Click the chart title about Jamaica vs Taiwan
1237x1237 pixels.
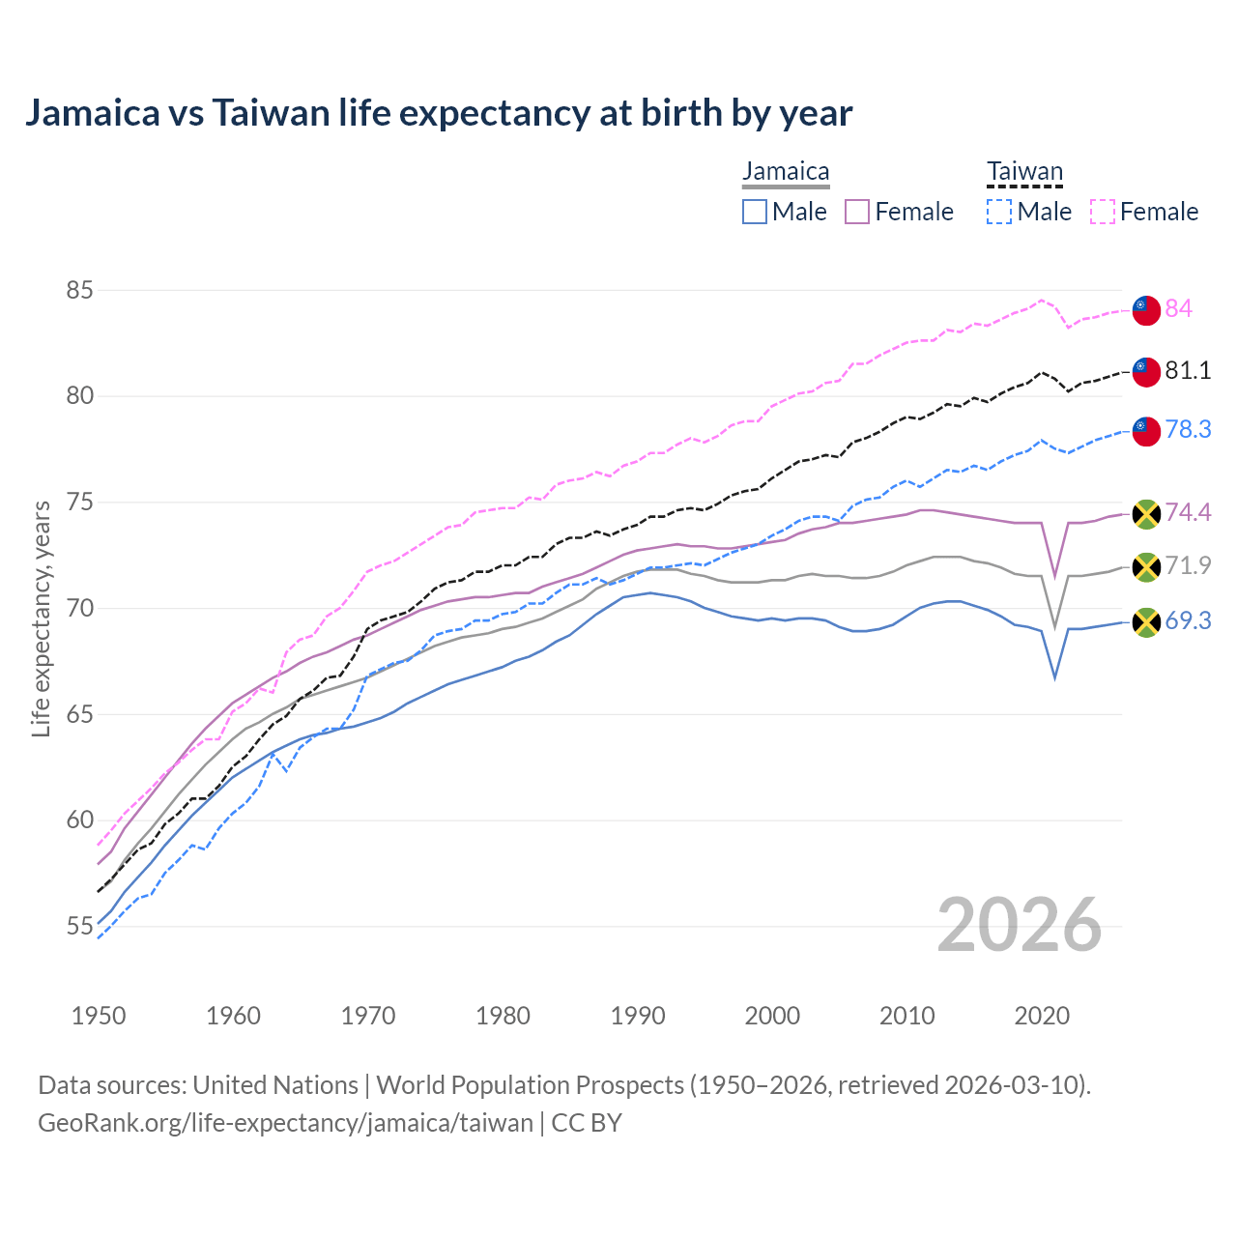439,113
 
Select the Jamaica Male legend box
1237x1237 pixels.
755,212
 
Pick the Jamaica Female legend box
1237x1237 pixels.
857,212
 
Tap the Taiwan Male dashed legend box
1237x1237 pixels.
999,212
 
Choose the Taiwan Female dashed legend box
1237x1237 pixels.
1103,212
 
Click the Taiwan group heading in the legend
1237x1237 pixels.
1024,172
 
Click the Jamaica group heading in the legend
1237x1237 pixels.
786,172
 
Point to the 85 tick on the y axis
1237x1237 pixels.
79,290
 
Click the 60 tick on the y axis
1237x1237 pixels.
79,820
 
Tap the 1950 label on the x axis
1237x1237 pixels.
99,1016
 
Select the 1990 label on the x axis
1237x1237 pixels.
638,1016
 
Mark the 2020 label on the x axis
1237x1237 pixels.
1042,1016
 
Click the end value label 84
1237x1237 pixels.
1178,308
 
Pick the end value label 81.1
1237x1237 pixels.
1188,370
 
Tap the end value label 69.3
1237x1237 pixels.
1188,620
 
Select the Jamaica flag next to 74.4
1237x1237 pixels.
1146,514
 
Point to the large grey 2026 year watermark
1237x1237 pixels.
1019,925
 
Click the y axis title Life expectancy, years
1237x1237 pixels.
41,618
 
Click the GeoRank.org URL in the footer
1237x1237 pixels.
285,1123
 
